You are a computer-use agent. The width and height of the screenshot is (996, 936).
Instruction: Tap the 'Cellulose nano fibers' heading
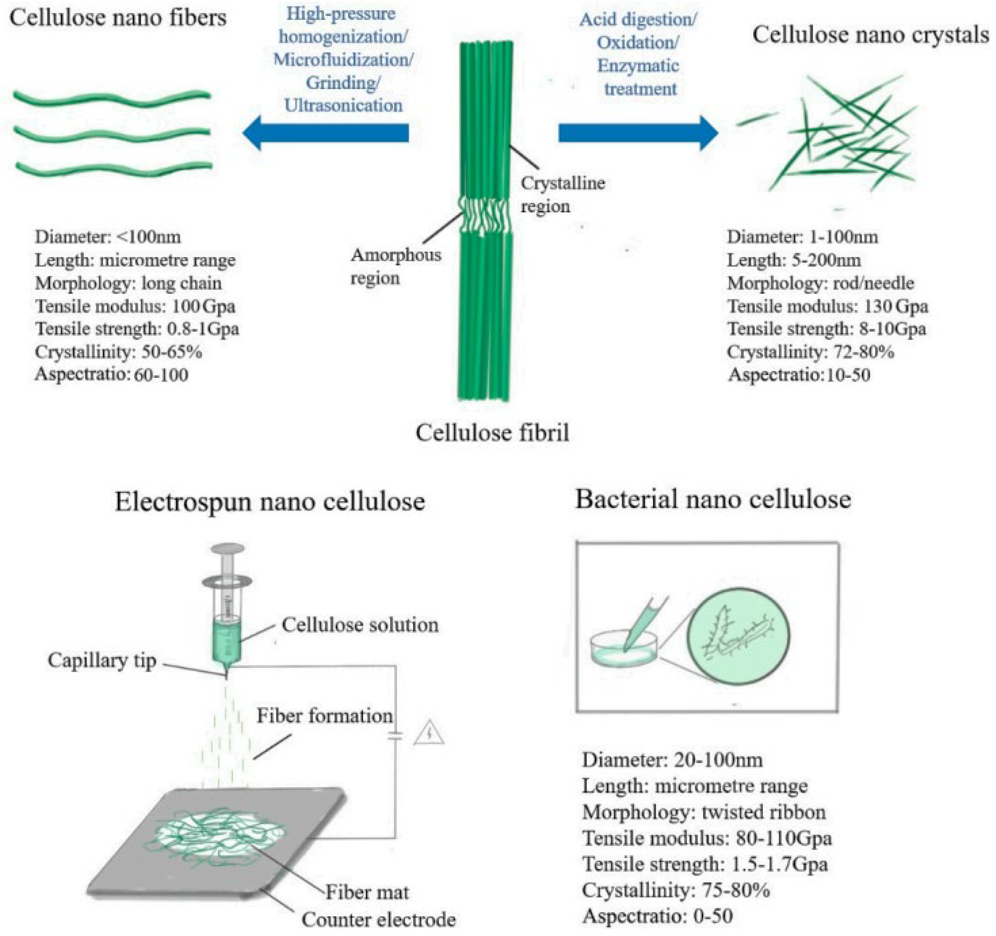point(118,18)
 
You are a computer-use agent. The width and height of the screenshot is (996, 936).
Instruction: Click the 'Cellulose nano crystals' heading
point(871,35)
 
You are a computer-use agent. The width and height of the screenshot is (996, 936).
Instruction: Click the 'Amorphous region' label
point(395,267)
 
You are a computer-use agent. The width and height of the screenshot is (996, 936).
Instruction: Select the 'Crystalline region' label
point(562,194)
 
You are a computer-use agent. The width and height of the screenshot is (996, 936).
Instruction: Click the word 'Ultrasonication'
point(344,105)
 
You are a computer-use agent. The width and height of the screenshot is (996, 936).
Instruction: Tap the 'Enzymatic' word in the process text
point(638,66)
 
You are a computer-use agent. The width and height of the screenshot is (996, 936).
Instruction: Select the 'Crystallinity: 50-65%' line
point(118,352)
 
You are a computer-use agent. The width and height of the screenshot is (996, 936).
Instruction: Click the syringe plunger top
point(228,549)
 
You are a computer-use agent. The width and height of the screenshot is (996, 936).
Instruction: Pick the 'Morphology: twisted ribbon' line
point(703,812)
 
